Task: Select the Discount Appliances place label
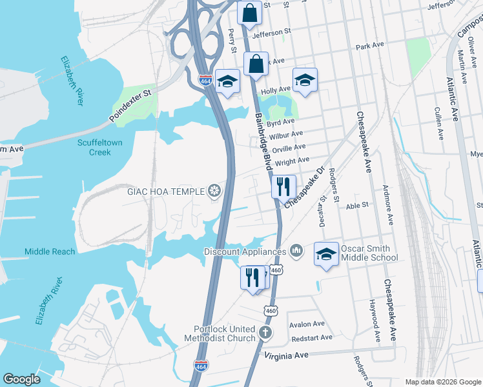(245, 251)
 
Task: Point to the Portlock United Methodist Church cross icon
(263, 333)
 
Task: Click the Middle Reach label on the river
(50, 252)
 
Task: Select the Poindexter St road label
(130, 104)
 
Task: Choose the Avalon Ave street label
(307, 324)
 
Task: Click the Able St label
(356, 205)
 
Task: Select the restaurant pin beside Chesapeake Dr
(283, 187)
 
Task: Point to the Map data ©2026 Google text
(443, 382)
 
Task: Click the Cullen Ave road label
(439, 124)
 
